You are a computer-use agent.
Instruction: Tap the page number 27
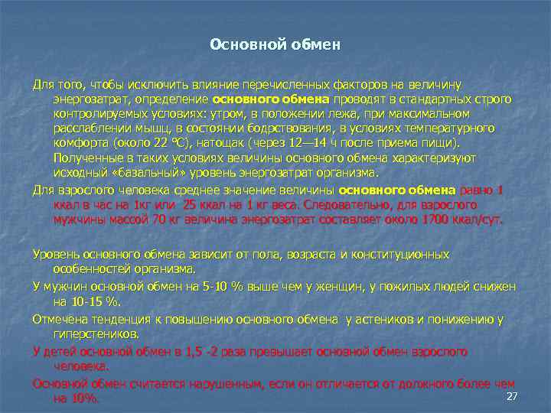[513, 395]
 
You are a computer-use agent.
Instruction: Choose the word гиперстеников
[96, 334]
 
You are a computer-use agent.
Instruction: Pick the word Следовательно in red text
[342, 205]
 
